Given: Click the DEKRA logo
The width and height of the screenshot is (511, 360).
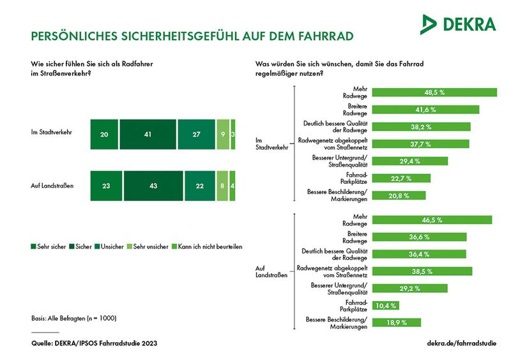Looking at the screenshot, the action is click(458, 24).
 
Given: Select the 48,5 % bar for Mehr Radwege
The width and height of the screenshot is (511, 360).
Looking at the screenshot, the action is click(434, 93).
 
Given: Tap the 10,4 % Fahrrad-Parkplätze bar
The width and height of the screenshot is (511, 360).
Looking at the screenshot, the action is click(386, 306).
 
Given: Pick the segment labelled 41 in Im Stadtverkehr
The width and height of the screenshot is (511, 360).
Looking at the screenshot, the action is click(148, 134).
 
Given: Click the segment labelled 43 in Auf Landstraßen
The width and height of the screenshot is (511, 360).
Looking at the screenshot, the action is click(153, 186).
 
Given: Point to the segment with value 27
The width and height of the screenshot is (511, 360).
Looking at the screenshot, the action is click(196, 134).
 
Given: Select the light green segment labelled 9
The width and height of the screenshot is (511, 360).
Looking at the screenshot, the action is click(223, 134).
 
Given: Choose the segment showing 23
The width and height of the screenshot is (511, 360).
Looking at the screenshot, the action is click(106, 186).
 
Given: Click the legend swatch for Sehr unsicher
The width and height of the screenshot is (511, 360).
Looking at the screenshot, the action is click(130, 246).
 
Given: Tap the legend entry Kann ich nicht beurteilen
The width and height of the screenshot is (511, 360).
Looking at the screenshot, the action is click(210, 246).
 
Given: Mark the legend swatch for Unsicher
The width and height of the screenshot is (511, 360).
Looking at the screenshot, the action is click(97, 246).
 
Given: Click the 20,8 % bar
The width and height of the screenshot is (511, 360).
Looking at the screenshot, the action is click(399, 195).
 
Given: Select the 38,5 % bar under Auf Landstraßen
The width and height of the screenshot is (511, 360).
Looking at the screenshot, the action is click(422, 271).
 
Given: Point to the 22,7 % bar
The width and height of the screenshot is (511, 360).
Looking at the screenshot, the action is click(401, 178).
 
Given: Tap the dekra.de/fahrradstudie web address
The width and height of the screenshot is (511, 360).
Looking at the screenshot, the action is click(461, 343).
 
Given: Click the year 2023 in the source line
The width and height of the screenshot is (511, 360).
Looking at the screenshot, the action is click(149, 343).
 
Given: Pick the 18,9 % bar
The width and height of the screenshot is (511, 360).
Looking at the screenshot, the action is click(397, 322).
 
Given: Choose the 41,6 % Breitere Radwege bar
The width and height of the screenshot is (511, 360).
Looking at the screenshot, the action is click(425, 109).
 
